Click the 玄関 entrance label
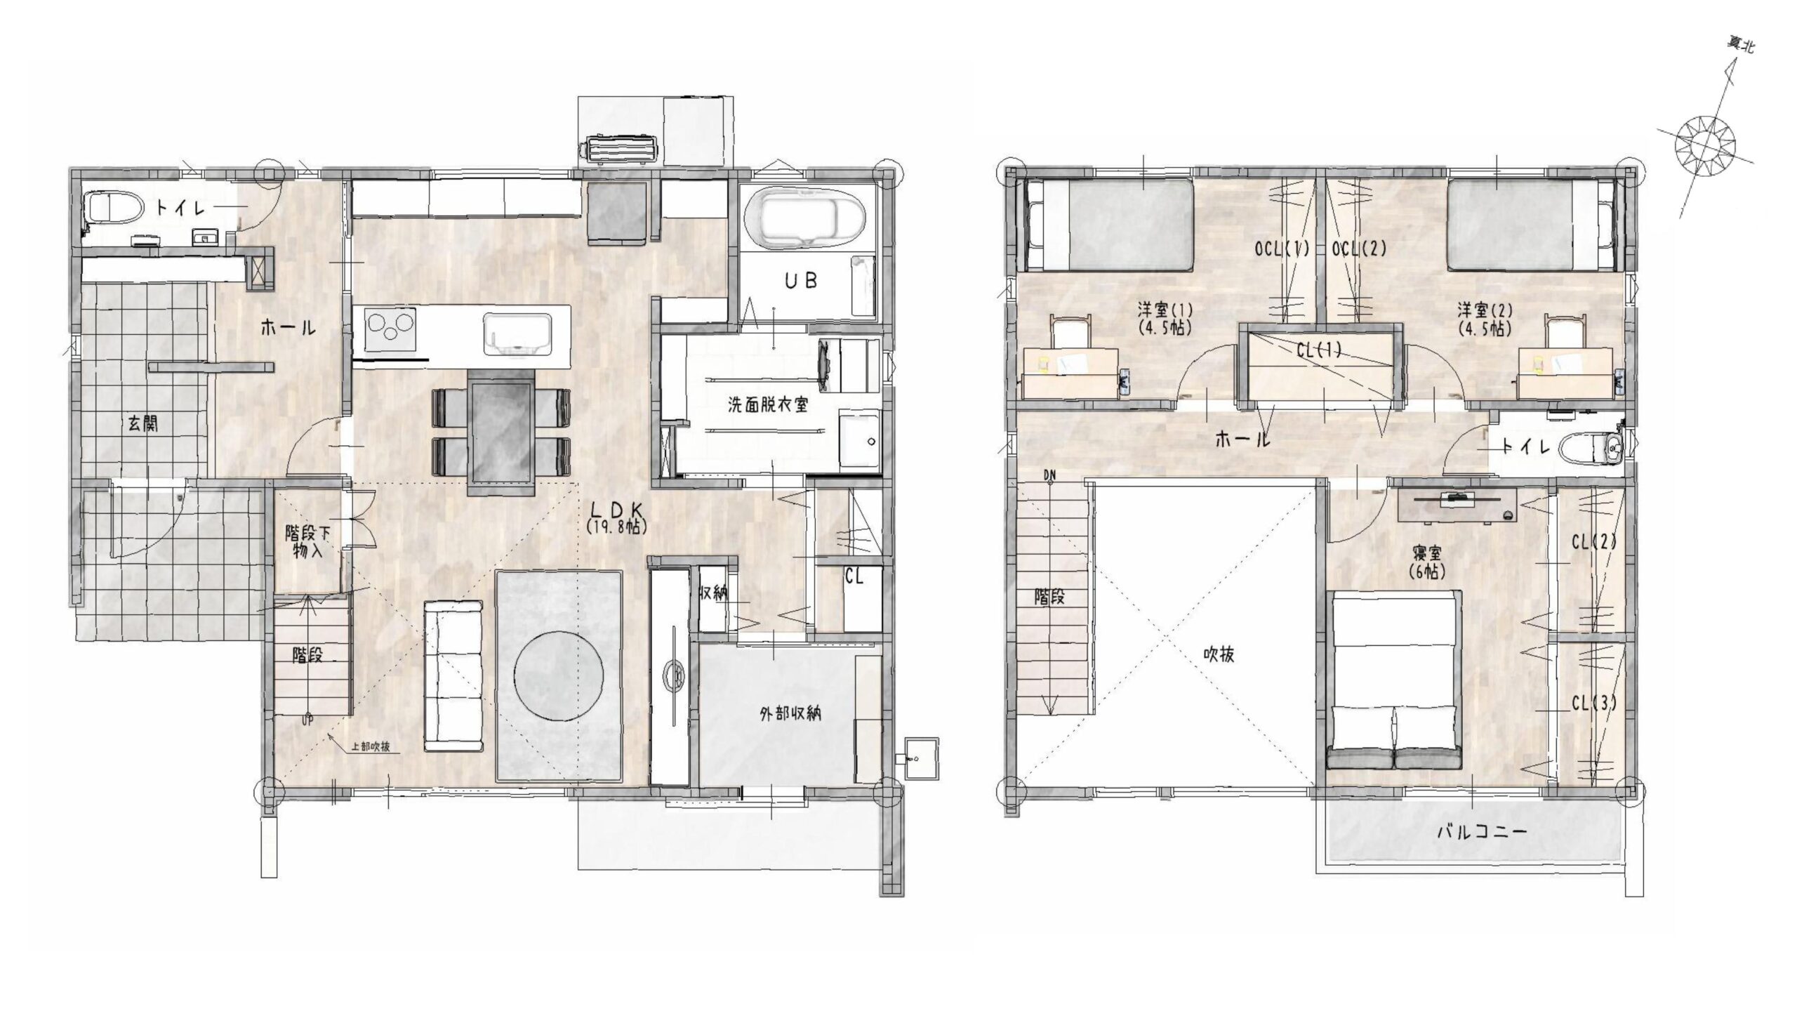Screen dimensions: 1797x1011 coord(142,423)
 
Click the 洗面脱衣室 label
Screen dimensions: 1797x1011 coord(768,405)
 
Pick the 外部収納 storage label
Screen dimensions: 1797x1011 coord(790,715)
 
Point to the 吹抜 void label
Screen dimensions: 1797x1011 coord(1219,654)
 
